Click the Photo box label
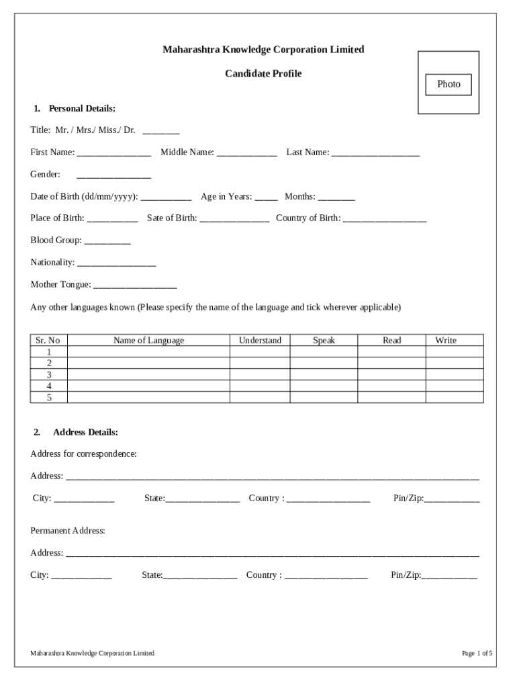(449, 84)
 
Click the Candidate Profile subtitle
(263, 73)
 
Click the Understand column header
(260, 341)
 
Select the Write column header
(445, 341)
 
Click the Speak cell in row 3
(324, 374)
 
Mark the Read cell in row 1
(391, 351)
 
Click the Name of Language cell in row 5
(148, 397)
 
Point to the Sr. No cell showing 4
(49, 386)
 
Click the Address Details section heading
(85, 432)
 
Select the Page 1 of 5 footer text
(477, 653)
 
